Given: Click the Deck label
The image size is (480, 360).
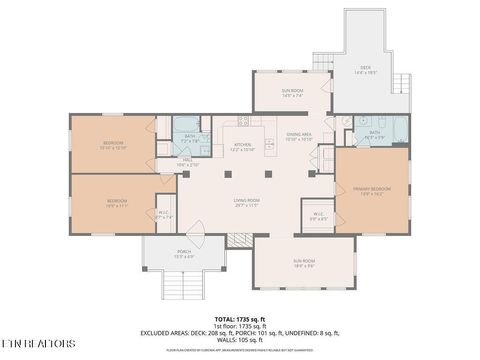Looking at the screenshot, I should pos(365,71).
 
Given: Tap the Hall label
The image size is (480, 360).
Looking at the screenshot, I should pos(187,161).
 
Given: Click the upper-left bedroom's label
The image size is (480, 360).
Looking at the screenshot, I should pos(112,144).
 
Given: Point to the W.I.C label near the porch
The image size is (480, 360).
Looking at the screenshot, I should pos(166,214).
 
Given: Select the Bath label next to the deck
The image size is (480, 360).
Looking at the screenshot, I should pos(375,133).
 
